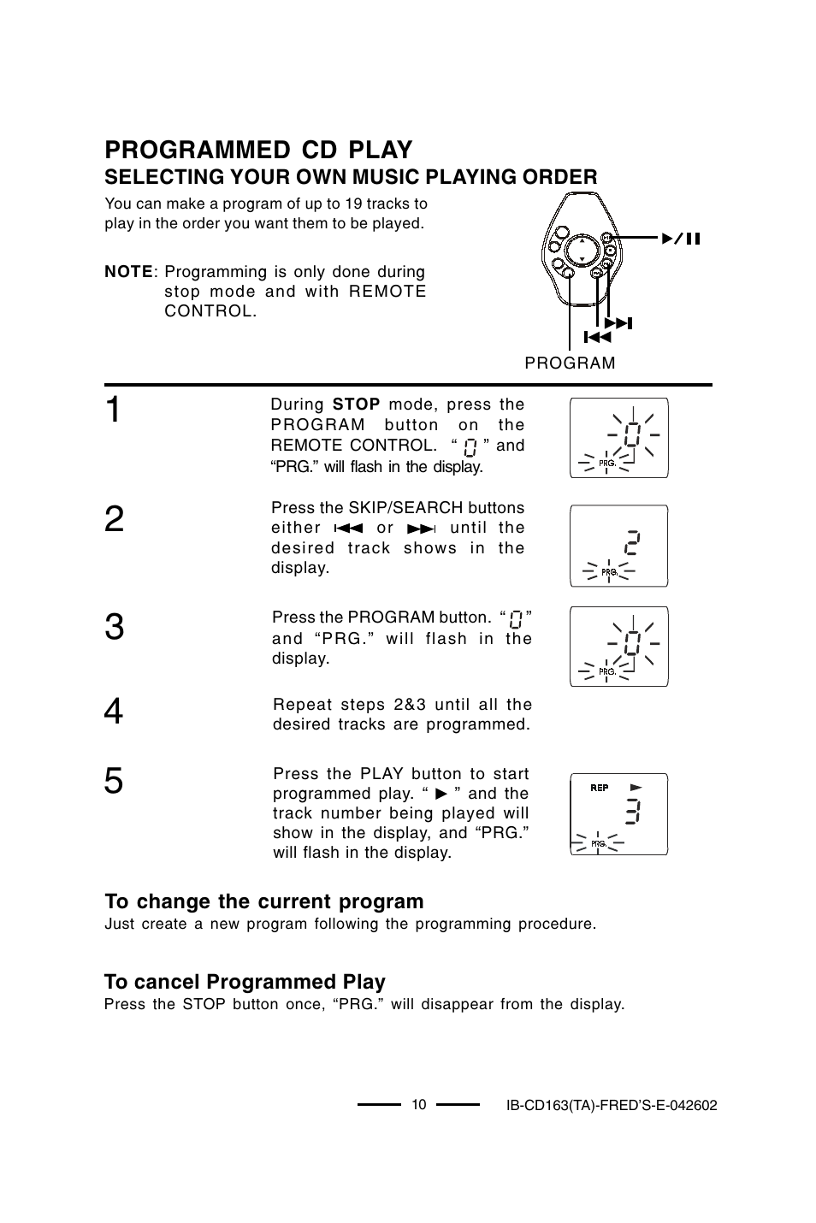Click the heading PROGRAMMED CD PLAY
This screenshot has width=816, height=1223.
[x=258, y=150]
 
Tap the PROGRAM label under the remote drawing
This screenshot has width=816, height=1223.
[x=570, y=363]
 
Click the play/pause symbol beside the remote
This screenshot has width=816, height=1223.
[x=680, y=239]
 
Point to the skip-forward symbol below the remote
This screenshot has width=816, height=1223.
[x=617, y=323]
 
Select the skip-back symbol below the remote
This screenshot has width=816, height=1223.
[x=597, y=337]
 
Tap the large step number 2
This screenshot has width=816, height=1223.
[x=115, y=519]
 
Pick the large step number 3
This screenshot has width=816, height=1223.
[x=115, y=628]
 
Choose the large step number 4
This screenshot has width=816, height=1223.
[x=115, y=712]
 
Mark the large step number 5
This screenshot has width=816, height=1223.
[x=115, y=782]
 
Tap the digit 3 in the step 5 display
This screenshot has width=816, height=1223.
[x=632, y=810]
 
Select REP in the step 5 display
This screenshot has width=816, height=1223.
[x=599, y=788]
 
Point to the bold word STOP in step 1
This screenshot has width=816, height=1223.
[x=356, y=405]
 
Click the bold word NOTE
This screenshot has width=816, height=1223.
[x=128, y=272]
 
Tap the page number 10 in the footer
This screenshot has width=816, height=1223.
[x=418, y=1104]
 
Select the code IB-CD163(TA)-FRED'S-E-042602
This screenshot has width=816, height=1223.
[x=611, y=1105]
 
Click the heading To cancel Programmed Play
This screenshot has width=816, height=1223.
[x=245, y=982]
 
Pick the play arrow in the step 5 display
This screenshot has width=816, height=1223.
[x=636, y=786]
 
